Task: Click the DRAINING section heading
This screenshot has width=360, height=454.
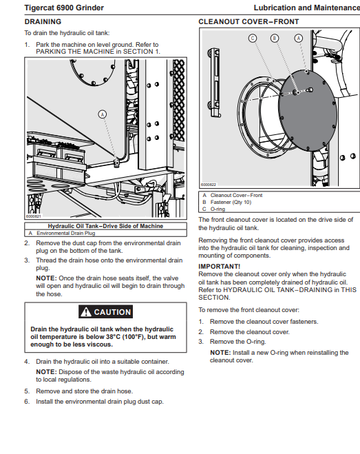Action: click(x=43, y=22)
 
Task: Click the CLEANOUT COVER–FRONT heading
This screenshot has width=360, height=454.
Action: click(x=248, y=22)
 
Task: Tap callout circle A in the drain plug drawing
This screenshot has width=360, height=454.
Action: click(x=102, y=114)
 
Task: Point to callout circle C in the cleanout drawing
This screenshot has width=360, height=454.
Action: click(x=253, y=38)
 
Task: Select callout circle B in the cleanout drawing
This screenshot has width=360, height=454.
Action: click(x=275, y=38)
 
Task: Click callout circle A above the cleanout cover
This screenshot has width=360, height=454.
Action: click(x=298, y=38)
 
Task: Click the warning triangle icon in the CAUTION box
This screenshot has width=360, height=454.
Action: click(x=86, y=312)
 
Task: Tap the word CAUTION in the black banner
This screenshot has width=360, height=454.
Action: click(x=112, y=312)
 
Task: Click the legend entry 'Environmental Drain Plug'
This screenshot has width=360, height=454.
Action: click(x=65, y=233)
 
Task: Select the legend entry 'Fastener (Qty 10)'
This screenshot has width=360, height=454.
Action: click(x=231, y=202)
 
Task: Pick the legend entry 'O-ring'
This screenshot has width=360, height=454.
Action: click(x=218, y=209)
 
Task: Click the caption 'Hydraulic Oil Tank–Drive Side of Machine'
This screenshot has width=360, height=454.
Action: click(x=105, y=226)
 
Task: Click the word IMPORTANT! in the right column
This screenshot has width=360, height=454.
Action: click(x=219, y=267)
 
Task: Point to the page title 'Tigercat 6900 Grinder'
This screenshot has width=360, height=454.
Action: click(x=64, y=8)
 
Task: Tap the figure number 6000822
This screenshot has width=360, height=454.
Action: click(x=209, y=185)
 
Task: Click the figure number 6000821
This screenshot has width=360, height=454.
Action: click(x=34, y=216)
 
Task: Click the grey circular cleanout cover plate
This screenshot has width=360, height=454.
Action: click(x=307, y=110)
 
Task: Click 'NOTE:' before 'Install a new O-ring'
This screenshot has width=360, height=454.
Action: click(x=220, y=353)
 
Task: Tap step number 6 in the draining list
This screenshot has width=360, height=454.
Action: click(x=27, y=402)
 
